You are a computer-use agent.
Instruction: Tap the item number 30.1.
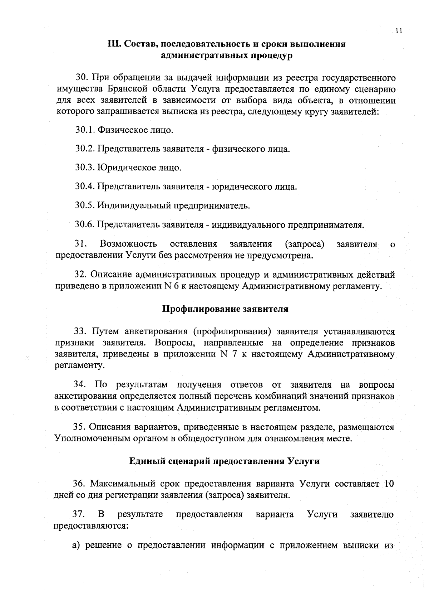coord(85,130)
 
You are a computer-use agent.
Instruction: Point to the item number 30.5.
coord(85,205)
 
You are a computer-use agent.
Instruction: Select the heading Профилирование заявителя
coord(226,309)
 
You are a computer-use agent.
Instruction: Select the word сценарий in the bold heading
coord(190,461)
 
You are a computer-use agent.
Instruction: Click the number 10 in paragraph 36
coord(388,484)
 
